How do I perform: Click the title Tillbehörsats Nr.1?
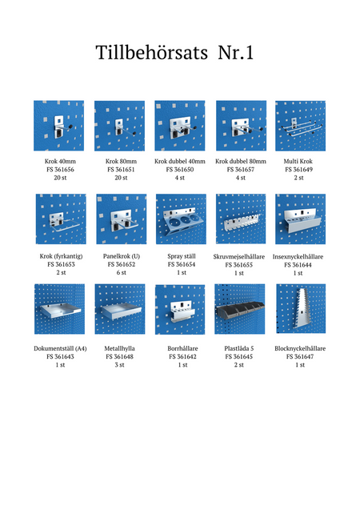(174, 52)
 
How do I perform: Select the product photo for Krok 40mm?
(59, 126)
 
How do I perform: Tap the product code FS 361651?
(121, 170)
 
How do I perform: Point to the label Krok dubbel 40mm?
(180, 161)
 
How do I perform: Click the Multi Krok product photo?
(300, 126)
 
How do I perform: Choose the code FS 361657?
(241, 170)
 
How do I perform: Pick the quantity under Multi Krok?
(299, 178)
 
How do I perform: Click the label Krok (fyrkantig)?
(61, 256)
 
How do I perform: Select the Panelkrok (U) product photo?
(121, 219)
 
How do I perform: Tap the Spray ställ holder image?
(181, 219)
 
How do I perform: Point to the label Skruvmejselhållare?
(239, 257)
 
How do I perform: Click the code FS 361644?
(298, 265)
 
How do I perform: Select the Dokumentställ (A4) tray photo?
(59, 309)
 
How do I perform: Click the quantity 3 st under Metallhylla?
(119, 365)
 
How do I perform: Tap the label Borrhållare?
(182, 348)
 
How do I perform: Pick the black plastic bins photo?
(239, 309)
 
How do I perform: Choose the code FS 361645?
(239, 357)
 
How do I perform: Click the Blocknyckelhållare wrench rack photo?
(301, 309)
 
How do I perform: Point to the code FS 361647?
(300, 357)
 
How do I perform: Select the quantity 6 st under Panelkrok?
(121, 272)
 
